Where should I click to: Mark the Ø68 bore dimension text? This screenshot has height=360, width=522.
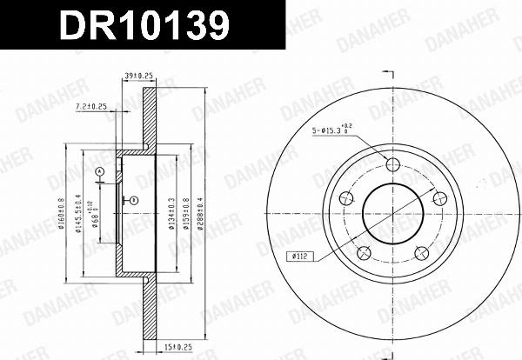96,215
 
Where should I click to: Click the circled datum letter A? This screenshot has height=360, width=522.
99,170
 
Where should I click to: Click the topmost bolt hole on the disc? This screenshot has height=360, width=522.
391,165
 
